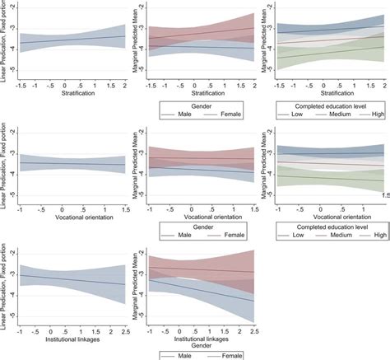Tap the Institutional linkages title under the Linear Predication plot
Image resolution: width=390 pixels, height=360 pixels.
pos(72,339)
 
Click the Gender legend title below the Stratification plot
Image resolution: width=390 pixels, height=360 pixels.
pos(202,106)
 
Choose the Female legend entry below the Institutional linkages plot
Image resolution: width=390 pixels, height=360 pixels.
pos(234,354)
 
